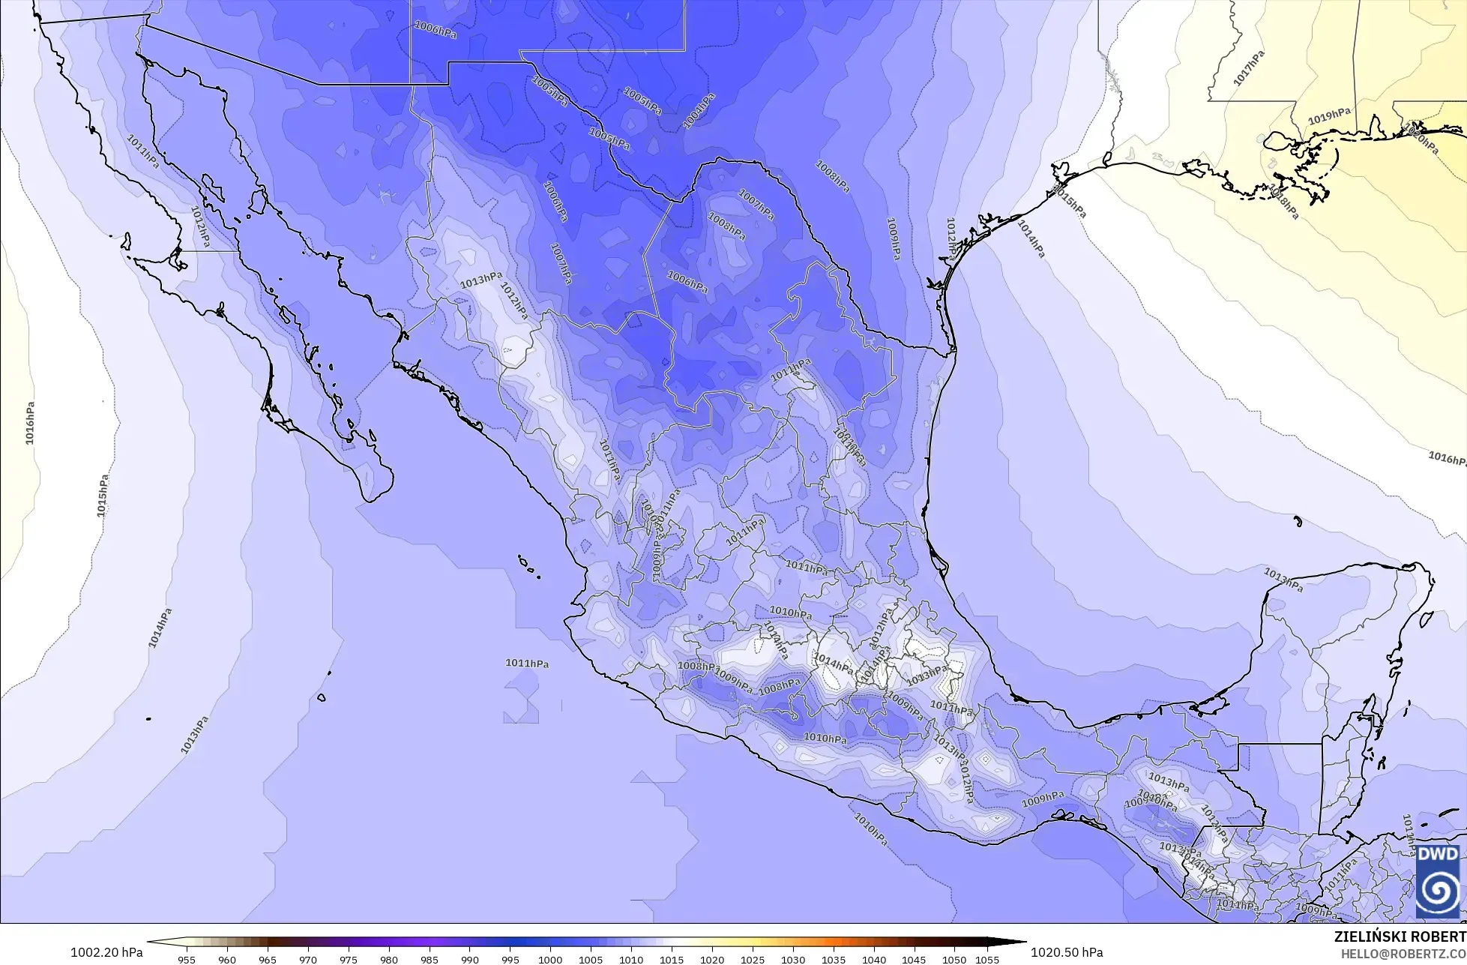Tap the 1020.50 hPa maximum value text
point(1067,952)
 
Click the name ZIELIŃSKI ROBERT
point(1400,937)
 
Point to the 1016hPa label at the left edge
point(30,423)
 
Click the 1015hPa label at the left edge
point(103,495)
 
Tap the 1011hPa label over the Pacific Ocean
point(527,664)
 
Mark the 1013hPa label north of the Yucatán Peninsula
point(1283,580)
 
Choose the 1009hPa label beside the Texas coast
point(893,239)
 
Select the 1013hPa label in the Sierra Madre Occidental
point(481,280)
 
